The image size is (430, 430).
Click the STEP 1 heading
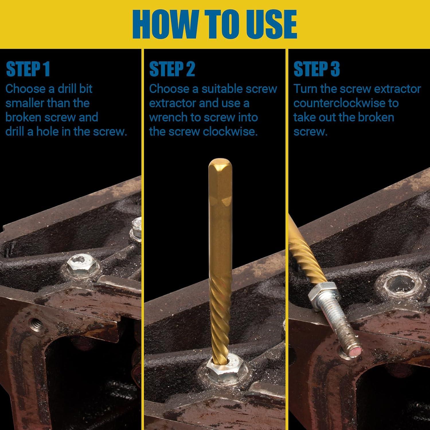coord(28,69)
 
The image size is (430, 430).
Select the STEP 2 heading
coord(172,69)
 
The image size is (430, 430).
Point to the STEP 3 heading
coord(316,69)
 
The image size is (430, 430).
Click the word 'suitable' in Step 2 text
coord(218,89)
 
